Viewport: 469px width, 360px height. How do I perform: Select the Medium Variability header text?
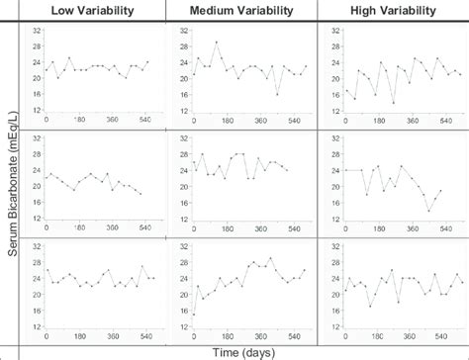coord(242,11)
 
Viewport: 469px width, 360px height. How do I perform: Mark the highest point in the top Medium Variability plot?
coord(216,43)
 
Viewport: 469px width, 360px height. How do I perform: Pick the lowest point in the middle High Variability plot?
coord(428,211)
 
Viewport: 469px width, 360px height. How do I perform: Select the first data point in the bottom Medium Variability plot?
coord(193,315)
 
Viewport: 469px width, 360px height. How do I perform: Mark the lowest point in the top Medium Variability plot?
coord(277,94)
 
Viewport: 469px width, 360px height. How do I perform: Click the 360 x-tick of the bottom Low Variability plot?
coord(111,336)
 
